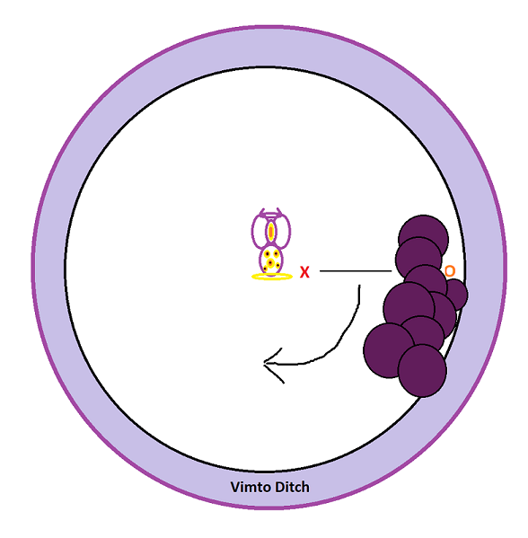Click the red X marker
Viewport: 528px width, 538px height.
click(304, 272)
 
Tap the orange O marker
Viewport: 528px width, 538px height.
click(450, 271)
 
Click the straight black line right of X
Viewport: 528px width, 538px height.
click(356, 270)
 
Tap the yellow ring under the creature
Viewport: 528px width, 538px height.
click(272, 277)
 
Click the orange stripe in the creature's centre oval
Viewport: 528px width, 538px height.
click(271, 231)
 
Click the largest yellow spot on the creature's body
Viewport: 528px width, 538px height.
click(270, 263)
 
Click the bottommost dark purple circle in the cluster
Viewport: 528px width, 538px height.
click(422, 371)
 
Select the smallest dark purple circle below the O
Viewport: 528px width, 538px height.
click(455, 294)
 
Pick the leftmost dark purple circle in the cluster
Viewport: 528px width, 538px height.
click(388, 350)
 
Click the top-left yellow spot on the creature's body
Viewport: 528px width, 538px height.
click(267, 254)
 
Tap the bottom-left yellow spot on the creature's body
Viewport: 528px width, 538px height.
click(265, 269)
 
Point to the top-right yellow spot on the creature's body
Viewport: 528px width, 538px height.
click(276, 253)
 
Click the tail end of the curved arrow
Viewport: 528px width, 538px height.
click(359, 285)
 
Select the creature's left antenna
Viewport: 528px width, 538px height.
click(262, 212)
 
